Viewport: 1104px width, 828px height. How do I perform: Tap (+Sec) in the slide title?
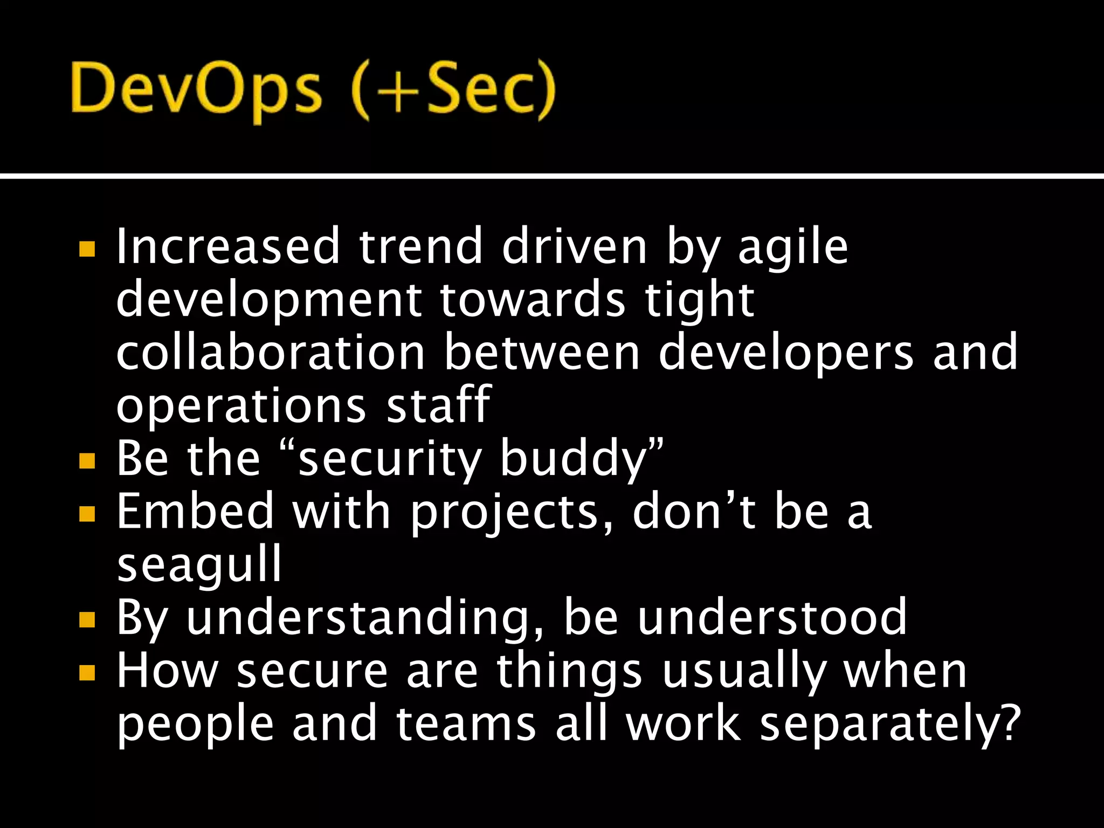pyautogui.click(x=453, y=89)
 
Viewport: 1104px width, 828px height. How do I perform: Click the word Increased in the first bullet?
pyautogui.click(x=228, y=246)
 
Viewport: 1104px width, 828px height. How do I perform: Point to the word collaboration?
pyautogui.click(x=271, y=353)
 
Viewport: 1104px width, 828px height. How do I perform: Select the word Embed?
pyautogui.click(x=196, y=511)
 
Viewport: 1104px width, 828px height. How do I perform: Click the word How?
pyautogui.click(x=168, y=670)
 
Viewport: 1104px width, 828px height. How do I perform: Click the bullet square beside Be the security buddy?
pyautogui.click(x=87, y=460)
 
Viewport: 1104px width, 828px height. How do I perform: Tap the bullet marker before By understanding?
pyautogui.click(x=87, y=620)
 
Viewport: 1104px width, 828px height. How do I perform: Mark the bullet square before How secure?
pyautogui.click(x=87, y=672)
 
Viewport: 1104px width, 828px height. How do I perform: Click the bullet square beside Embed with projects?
pyautogui.click(x=87, y=513)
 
